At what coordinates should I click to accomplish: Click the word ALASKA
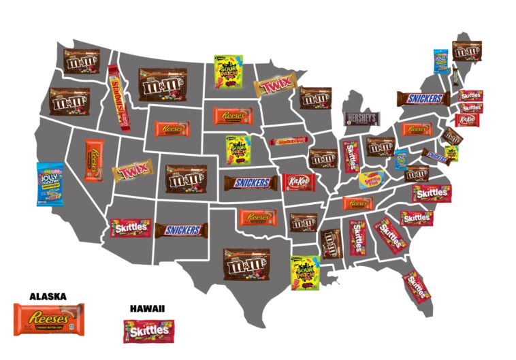48,296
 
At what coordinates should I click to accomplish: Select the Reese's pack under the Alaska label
49,318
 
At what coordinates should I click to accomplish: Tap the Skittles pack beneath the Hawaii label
148,331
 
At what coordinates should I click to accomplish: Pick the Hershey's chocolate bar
361,119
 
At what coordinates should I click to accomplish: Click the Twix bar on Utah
133,171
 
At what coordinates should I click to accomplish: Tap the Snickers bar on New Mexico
180,230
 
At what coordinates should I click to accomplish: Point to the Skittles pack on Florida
416,286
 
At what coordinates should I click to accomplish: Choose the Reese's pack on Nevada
94,161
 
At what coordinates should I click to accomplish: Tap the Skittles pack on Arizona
131,228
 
